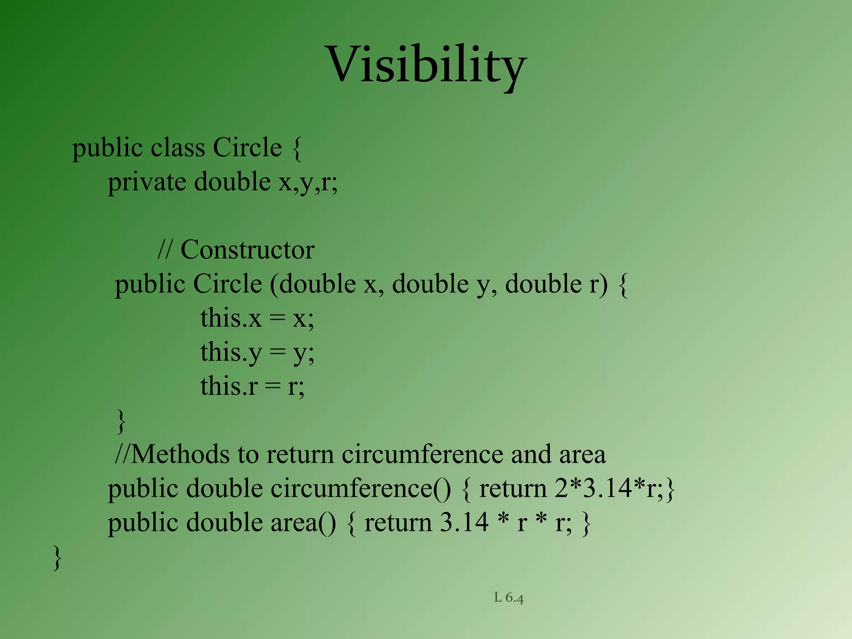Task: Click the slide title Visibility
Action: click(427, 66)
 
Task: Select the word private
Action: click(147, 182)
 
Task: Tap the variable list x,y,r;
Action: click(308, 182)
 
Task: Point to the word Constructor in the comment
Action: click(248, 250)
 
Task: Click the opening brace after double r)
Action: click(623, 285)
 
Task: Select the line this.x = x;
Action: click(257, 319)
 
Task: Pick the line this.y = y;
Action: click(257, 353)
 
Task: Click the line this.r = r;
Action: click(252, 386)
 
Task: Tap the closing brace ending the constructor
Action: click(121, 421)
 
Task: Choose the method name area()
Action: click(303, 523)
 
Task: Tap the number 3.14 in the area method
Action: click(464, 523)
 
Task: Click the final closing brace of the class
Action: click(57, 558)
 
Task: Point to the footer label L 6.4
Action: click(509, 598)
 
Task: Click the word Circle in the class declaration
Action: click(247, 148)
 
